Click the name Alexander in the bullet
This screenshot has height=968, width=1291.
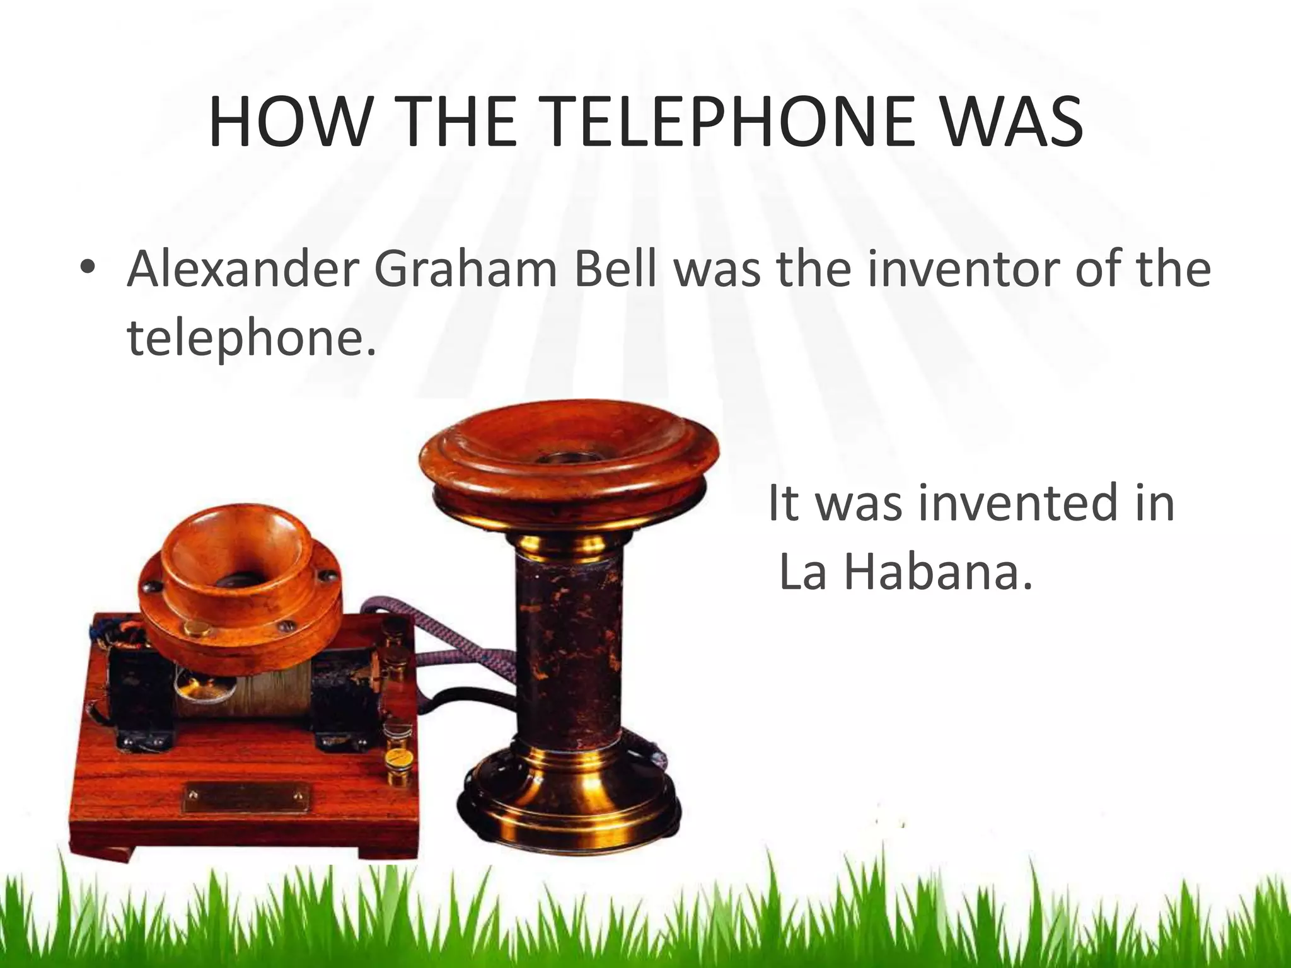click(x=243, y=268)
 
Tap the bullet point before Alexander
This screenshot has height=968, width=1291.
click(x=88, y=268)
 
